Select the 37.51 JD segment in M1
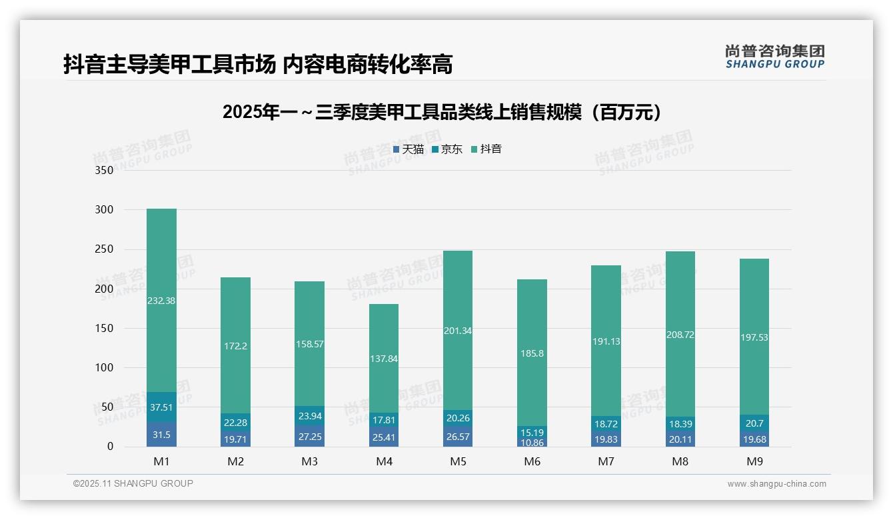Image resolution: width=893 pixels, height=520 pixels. click(x=161, y=407)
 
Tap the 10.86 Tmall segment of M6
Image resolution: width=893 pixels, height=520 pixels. click(x=532, y=443)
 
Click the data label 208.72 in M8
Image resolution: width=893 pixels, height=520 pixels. click(x=680, y=335)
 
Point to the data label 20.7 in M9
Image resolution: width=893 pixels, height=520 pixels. click(x=754, y=423)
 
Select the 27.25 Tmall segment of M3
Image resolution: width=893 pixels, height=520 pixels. click(x=309, y=436)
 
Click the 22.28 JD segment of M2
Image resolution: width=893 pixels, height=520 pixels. click(x=235, y=422)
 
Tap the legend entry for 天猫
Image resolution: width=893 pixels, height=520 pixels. click(x=409, y=149)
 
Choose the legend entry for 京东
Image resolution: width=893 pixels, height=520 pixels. click(x=447, y=149)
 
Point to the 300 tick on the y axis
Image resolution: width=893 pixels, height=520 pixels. click(x=105, y=209)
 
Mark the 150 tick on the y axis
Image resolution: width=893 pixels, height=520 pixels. click(x=105, y=328)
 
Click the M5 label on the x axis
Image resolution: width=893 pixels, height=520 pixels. click(x=458, y=461)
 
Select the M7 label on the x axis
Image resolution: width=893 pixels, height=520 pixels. click(x=606, y=461)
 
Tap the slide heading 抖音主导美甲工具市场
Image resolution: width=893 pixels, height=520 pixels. click(x=258, y=65)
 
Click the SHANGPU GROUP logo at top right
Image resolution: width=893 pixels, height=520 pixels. click(x=774, y=57)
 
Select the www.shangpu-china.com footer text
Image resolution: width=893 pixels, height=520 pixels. click(x=776, y=484)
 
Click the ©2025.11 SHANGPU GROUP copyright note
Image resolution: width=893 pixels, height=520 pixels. click(x=133, y=483)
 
